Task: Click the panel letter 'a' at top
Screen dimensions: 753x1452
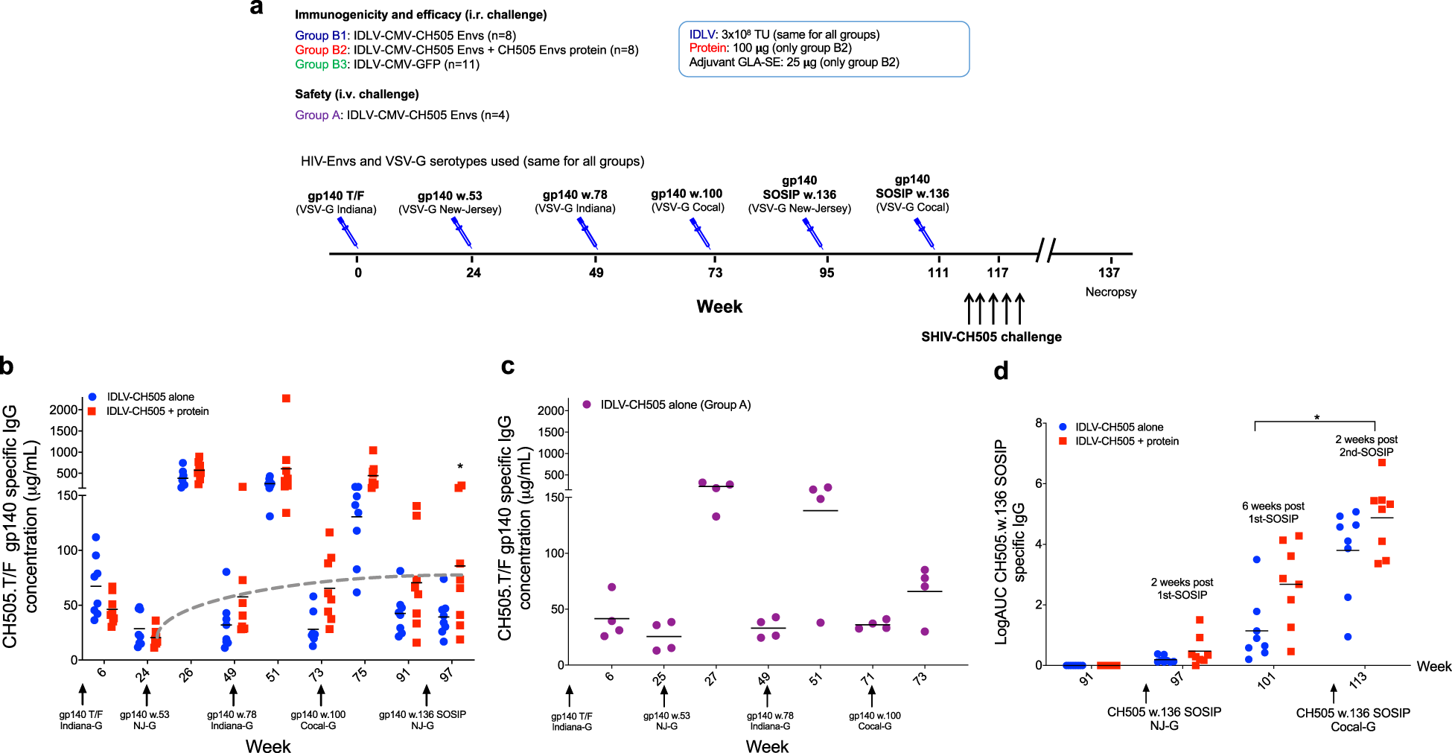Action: [257, 8]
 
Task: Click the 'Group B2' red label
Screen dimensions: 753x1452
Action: [321, 50]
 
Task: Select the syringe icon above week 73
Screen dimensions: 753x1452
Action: [700, 232]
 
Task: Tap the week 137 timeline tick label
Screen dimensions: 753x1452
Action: [1109, 273]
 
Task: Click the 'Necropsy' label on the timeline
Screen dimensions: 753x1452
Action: [1110, 292]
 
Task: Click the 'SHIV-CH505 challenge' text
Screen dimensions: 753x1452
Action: [991, 337]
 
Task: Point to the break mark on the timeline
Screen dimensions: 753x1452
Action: [1045, 251]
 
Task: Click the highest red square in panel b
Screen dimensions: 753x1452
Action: [286, 398]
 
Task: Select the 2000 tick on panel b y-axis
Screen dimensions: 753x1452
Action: [64, 410]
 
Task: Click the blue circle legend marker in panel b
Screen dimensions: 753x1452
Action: [92, 397]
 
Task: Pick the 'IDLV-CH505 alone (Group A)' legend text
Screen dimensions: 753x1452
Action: [675, 404]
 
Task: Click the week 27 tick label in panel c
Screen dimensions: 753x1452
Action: [712, 679]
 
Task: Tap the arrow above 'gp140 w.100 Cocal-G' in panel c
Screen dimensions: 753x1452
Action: [872, 696]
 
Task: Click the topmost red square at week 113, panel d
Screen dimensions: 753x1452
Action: [1381, 463]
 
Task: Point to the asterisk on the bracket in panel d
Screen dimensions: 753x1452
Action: [1316, 418]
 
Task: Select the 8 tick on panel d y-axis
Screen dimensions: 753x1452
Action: [1038, 423]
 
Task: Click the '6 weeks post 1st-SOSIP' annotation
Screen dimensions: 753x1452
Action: [1273, 512]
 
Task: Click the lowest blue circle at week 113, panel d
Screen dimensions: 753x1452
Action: [1348, 637]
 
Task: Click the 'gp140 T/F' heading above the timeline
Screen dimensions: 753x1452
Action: [336, 196]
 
